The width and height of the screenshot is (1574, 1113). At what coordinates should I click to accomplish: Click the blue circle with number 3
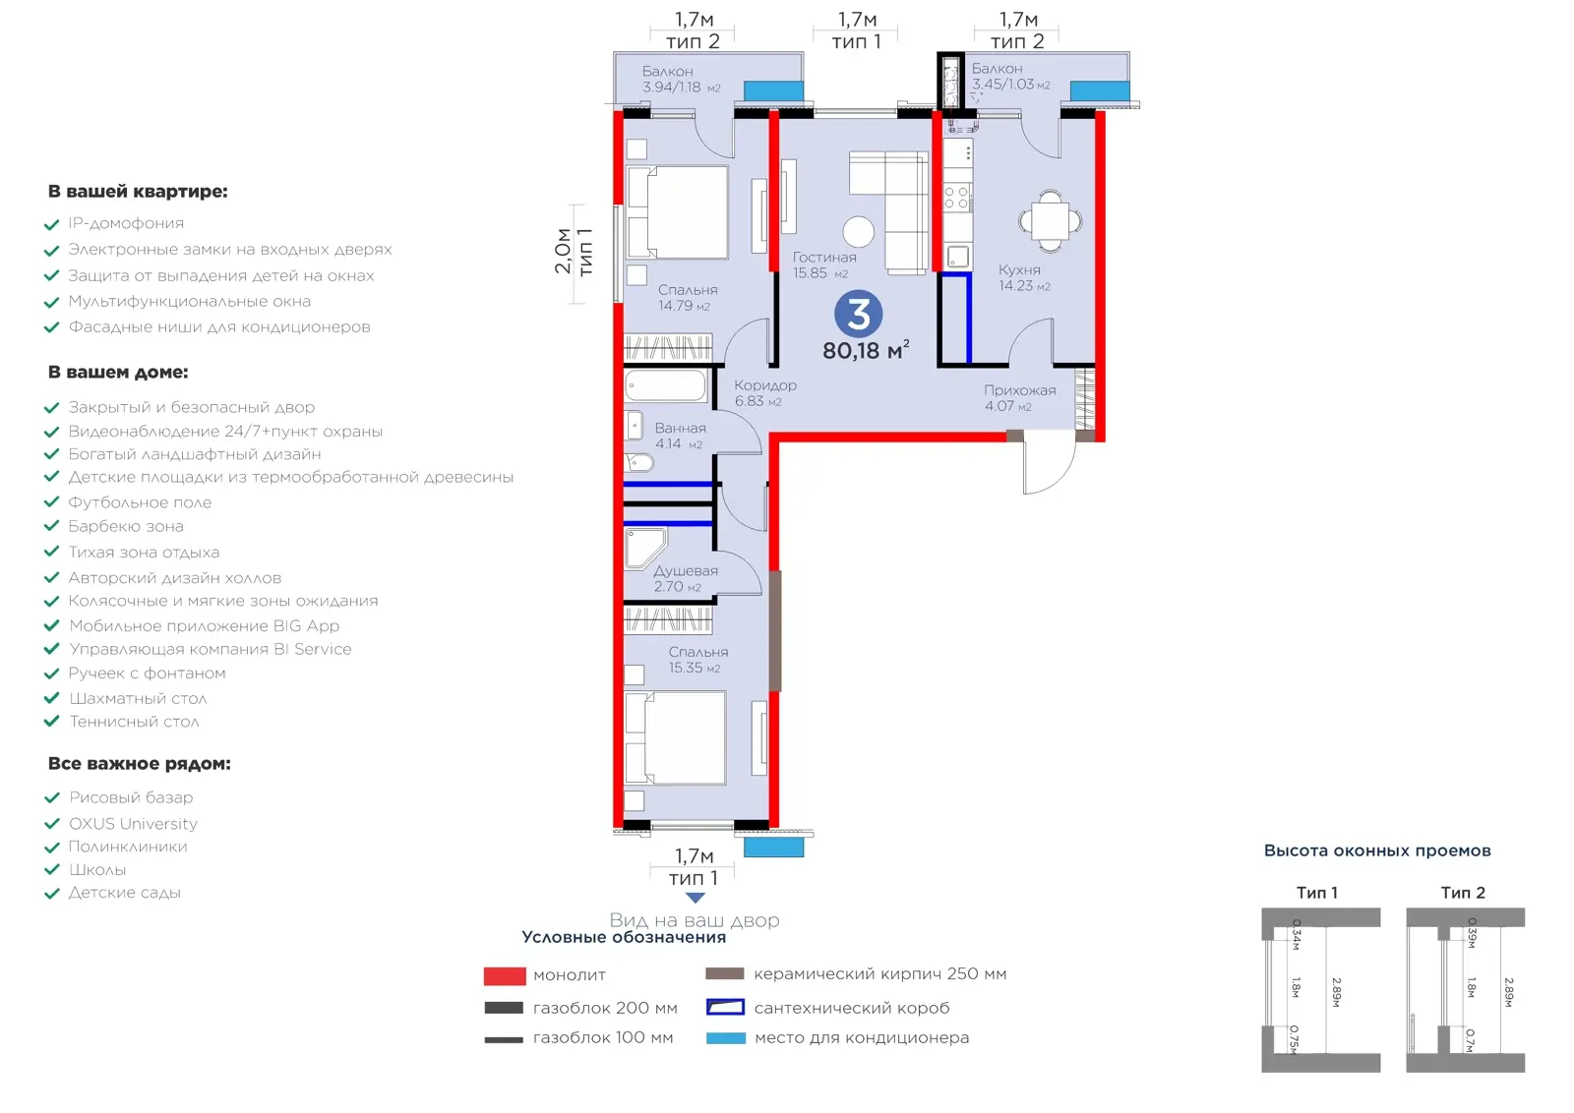(x=858, y=314)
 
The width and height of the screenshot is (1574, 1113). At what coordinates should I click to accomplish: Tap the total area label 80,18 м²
(x=866, y=350)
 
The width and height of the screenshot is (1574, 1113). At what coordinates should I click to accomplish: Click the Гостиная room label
(x=824, y=258)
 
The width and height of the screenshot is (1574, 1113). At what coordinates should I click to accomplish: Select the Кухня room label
(x=1019, y=269)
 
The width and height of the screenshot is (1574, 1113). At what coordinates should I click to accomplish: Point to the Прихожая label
(x=1019, y=390)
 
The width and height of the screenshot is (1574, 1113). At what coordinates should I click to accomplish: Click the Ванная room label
(x=680, y=428)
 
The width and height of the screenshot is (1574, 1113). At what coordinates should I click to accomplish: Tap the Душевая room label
(x=686, y=571)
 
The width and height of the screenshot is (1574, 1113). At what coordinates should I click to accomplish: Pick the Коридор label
(x=765, y=385)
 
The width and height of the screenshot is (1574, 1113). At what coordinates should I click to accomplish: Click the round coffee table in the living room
(x=859, y=232)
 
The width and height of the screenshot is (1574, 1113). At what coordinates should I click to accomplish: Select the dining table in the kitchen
(x=1051, y=221)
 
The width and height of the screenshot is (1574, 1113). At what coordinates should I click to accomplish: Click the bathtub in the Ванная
(x=665, y=386)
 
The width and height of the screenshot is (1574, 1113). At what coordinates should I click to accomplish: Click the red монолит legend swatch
(x=505, y=976)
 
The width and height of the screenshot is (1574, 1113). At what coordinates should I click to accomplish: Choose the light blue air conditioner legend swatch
(x=726, y=1038)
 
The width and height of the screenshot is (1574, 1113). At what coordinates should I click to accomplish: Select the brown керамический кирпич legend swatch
(x=724, y=974)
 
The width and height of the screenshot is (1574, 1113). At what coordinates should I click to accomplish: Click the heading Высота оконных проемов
(x=1377, y=851)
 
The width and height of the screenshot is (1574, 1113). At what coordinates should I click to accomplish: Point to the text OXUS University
(x=133, y=824)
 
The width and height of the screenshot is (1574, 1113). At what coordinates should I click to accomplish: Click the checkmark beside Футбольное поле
(x=51, y=502)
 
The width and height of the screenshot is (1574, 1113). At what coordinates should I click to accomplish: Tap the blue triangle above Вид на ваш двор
(x=695, y=898)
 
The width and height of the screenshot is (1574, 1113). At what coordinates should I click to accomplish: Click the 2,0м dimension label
(x=562, y=251)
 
